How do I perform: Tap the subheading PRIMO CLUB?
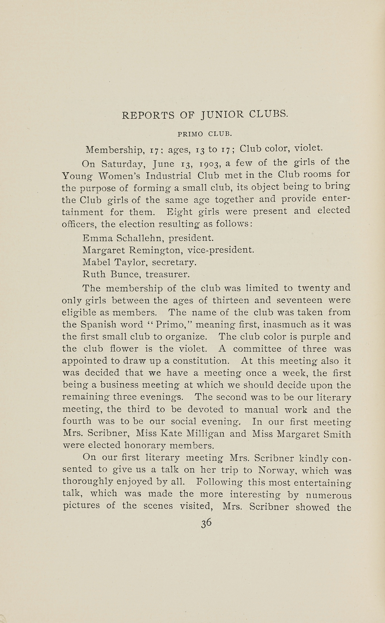pos(205,134)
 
